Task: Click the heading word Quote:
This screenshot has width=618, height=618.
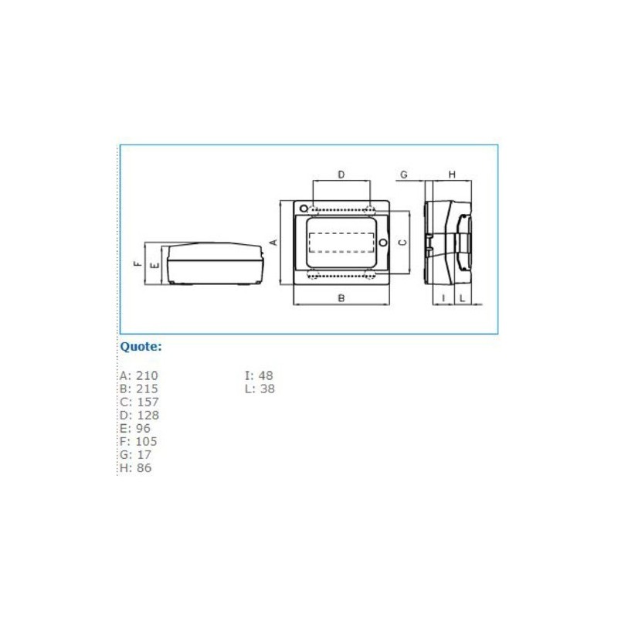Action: point(141,347)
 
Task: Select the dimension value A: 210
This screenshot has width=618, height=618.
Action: point(138,375)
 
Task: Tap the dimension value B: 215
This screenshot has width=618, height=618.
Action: point(138,389)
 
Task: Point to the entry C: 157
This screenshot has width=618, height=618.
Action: point(138,402)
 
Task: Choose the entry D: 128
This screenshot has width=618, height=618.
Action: point(139,415)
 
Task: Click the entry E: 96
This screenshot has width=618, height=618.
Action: point(135,428)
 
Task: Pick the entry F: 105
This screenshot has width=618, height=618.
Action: point(138,441)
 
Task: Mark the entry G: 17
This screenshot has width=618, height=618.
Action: point(135,454)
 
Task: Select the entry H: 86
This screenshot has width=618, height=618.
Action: point(136,467)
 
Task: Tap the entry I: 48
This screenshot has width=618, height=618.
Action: point(259,375)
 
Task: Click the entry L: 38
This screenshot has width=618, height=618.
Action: point(259,389)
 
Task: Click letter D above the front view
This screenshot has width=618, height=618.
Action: point(341,175)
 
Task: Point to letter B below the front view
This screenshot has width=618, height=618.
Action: point(341,297)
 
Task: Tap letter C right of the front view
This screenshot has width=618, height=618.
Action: point(401,242)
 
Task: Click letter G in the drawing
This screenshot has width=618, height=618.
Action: point(403,175)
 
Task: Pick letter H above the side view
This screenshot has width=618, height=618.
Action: point(452,175)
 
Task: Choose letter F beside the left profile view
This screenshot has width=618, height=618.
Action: point(138,263)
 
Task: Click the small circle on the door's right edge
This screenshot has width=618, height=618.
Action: point(382,243)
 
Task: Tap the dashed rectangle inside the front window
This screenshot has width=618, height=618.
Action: point(341,242)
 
